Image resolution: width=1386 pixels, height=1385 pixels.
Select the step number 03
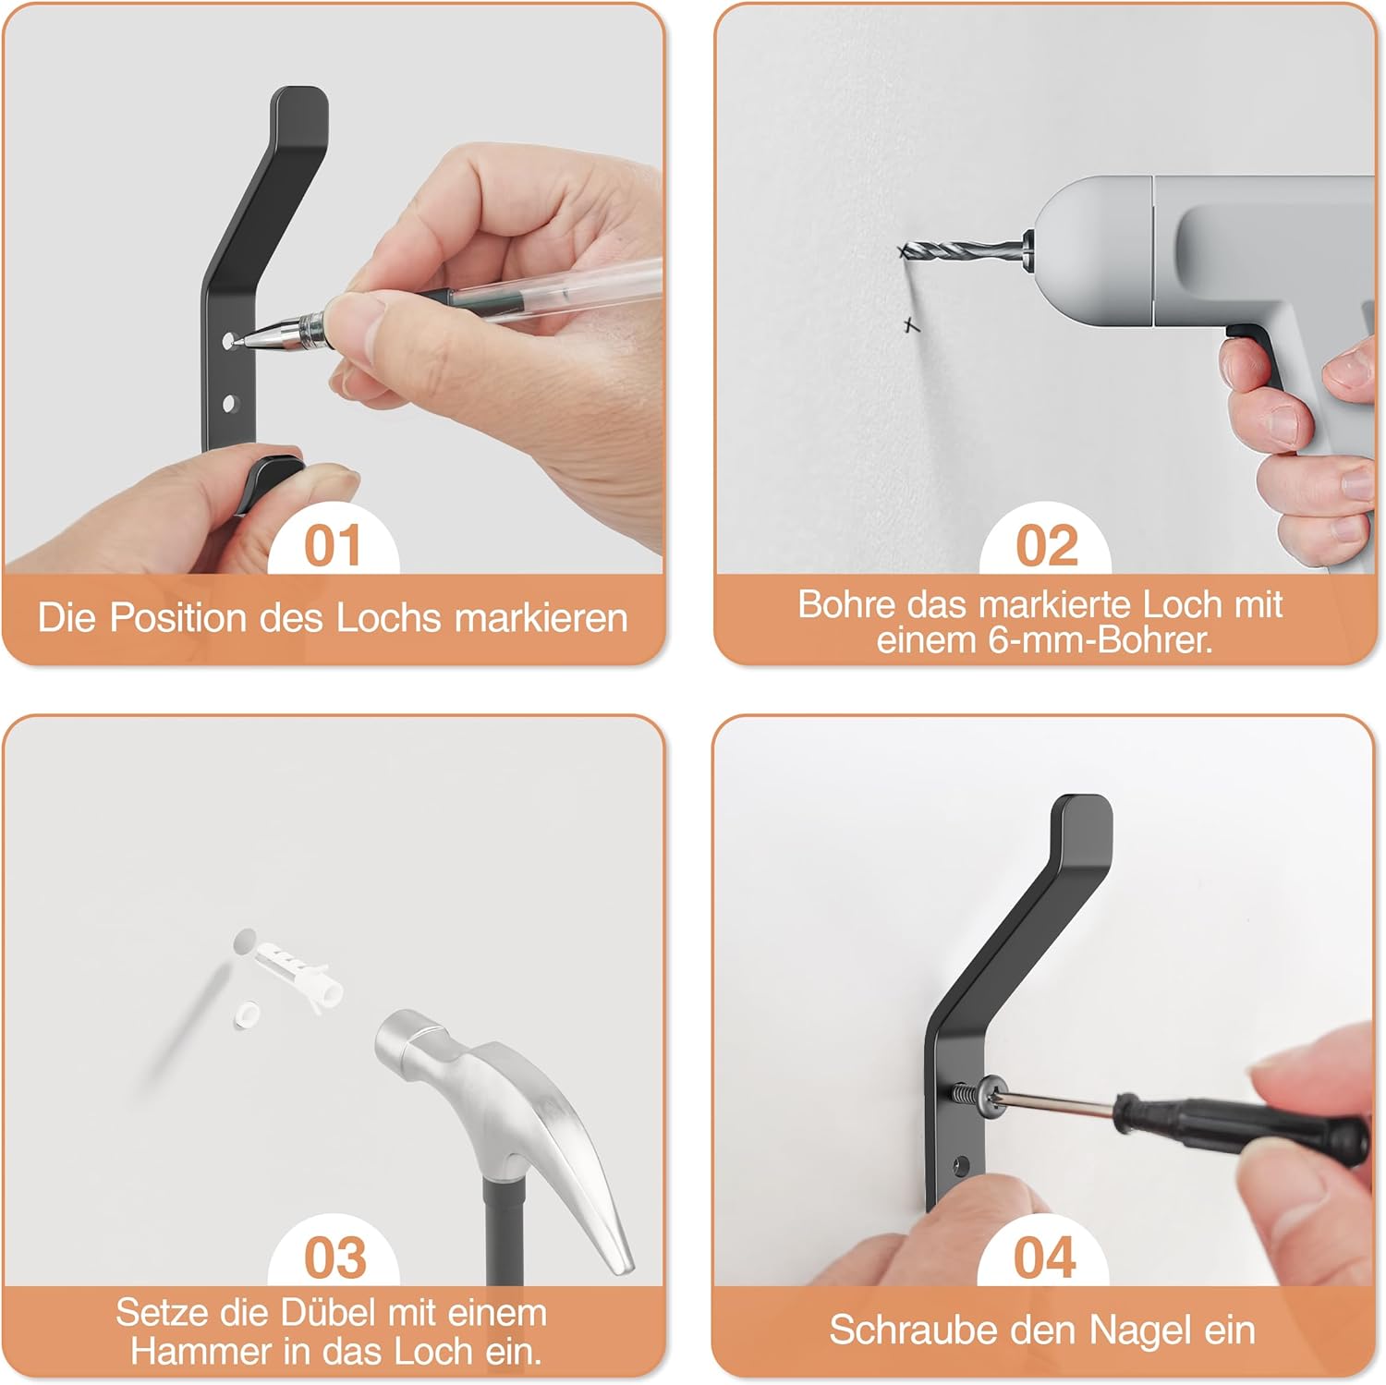pos(334,1257)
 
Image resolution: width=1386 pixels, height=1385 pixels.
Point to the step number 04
pos(1045,1257)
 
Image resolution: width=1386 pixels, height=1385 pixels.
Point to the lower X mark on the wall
pos(912,325)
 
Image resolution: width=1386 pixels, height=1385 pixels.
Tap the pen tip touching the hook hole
pos(235,342)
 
